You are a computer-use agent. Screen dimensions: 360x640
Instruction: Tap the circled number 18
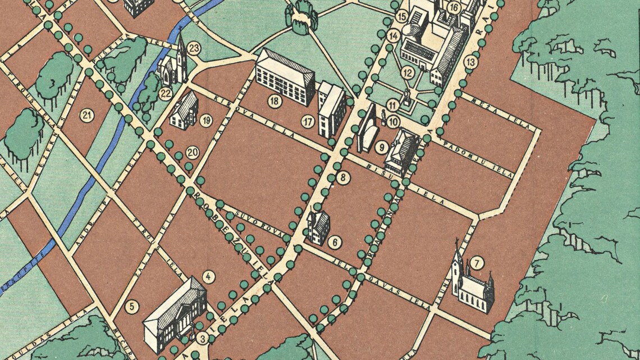(x=274, y=101)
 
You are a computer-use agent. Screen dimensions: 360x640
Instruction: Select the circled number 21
(x=86, y=116)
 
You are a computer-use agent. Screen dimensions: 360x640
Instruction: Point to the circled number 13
(x=470, y=62)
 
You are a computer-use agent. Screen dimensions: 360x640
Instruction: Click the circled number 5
(x=132, y=307)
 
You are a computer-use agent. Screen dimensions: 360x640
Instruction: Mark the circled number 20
(x=193, y=152)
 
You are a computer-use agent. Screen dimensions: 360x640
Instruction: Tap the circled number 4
(x=209, y=276)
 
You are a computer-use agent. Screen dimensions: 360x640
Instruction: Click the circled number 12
(x=408, y=72)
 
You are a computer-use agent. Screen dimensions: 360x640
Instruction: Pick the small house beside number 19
(x=184, y=111)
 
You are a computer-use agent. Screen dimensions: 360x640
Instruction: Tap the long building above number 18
(x=285, y=76)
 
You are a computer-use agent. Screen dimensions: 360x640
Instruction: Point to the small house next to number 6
(x=318, y=226)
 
